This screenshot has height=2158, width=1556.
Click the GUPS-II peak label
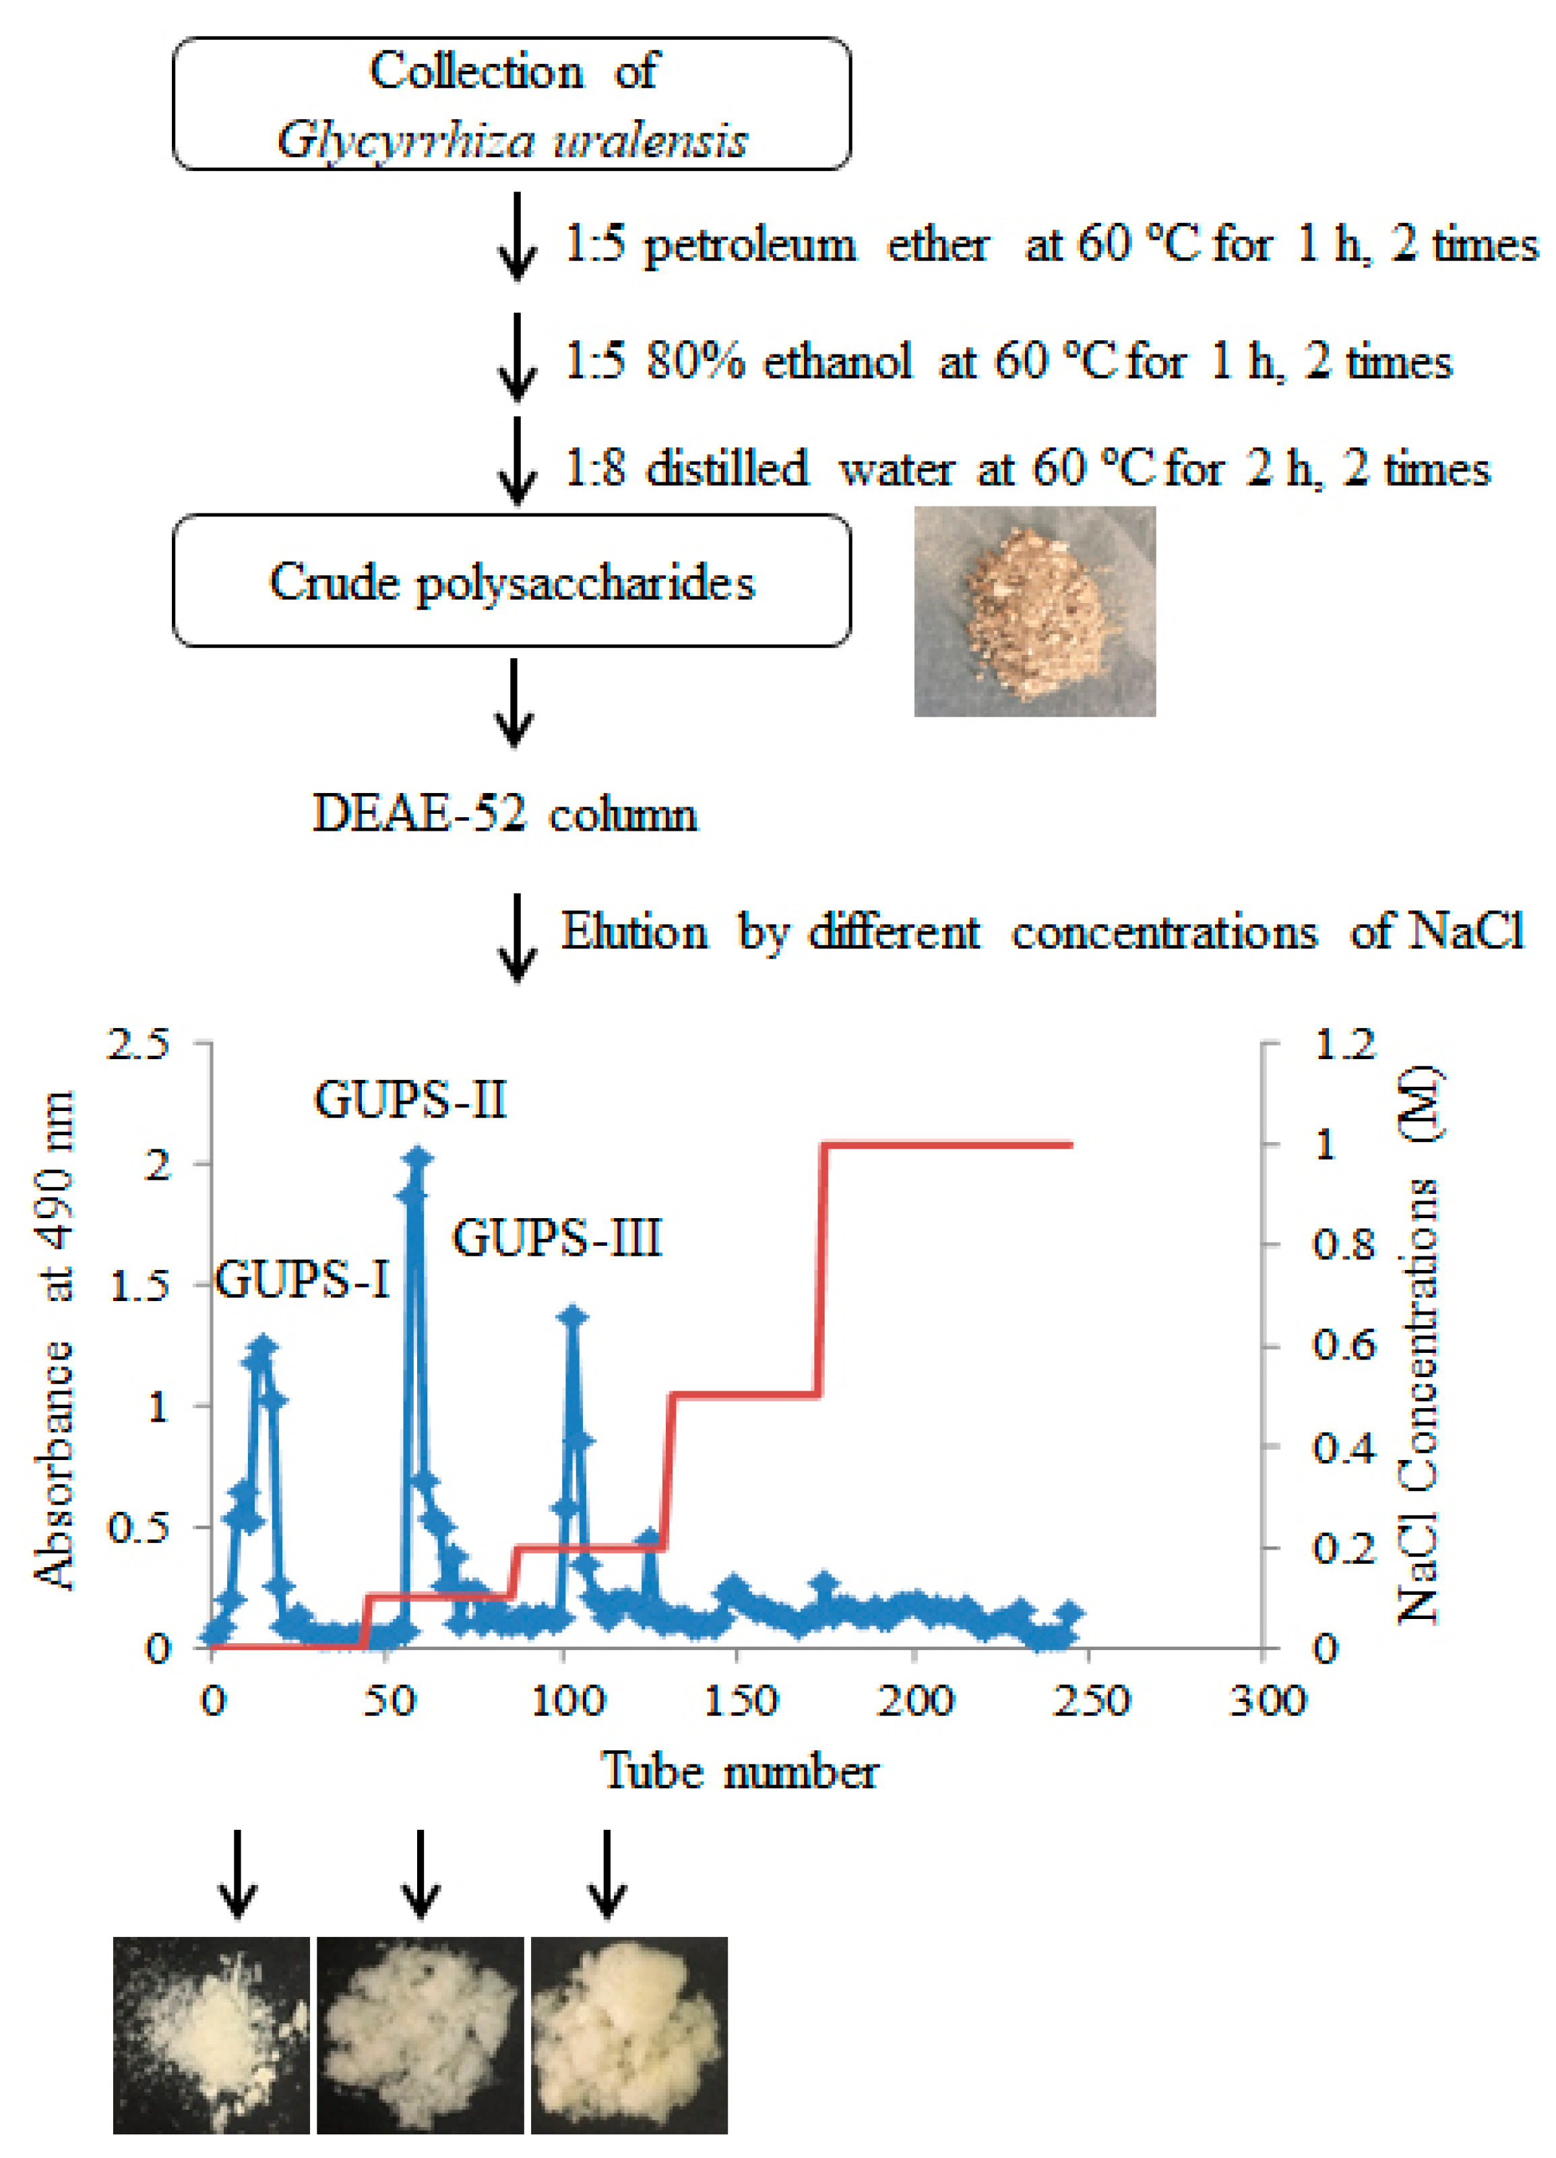tap(410, 1101)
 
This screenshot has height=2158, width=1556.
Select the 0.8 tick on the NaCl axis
tap(1344, 1244)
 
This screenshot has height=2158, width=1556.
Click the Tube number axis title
tap(739, 1772)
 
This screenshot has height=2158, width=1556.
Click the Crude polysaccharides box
tap(512, 581)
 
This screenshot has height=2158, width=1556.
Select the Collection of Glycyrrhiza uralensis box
tap(512, 104)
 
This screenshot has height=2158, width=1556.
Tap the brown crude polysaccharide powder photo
tap(1034, 612)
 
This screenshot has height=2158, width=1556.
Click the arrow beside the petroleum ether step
tap(517, 238)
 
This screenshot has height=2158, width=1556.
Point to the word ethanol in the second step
tap(838, 362)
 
